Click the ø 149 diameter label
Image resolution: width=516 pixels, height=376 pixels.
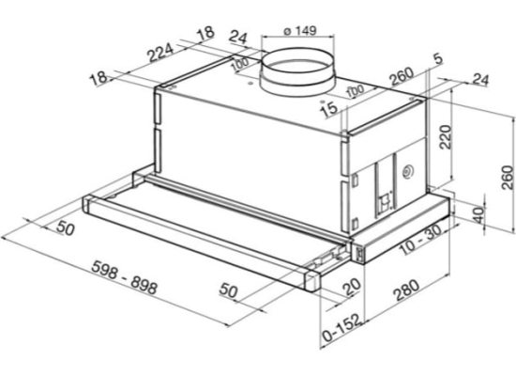[300, 31]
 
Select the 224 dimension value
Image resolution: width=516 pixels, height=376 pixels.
[160, 53]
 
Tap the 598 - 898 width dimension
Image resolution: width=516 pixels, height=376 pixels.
[125, 277]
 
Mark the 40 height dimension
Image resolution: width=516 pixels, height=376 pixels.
[480, 214]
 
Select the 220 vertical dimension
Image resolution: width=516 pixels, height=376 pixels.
[446, 137]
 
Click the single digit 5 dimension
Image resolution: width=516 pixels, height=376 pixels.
[438, 59]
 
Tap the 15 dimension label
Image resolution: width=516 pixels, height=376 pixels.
[329, 109]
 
